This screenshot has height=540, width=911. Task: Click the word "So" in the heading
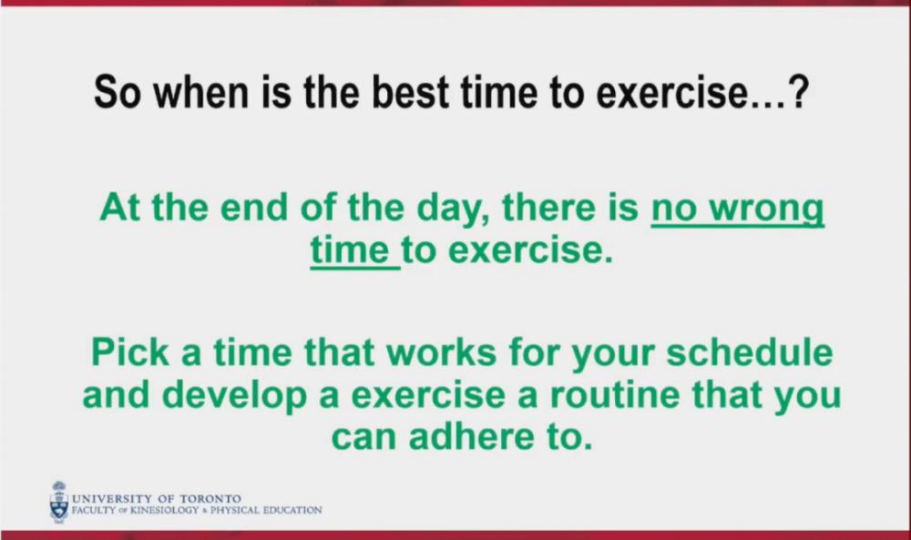(118, 92)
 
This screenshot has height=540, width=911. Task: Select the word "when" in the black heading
(201, 92)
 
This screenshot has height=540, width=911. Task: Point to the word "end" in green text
(254, 208)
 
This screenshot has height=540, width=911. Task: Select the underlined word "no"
(674, 209)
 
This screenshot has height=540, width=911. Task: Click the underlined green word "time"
(350, 250)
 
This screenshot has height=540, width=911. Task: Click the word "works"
(441, 352)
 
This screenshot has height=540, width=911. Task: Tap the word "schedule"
(750, 352)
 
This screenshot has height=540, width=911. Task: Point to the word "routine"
(615, 395)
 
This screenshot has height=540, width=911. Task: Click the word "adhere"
(471, 437)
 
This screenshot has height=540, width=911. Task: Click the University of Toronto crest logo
(58, 503)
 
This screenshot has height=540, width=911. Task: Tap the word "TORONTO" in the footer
(210, 499)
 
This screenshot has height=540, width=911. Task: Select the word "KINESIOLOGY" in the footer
(164, 510)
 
